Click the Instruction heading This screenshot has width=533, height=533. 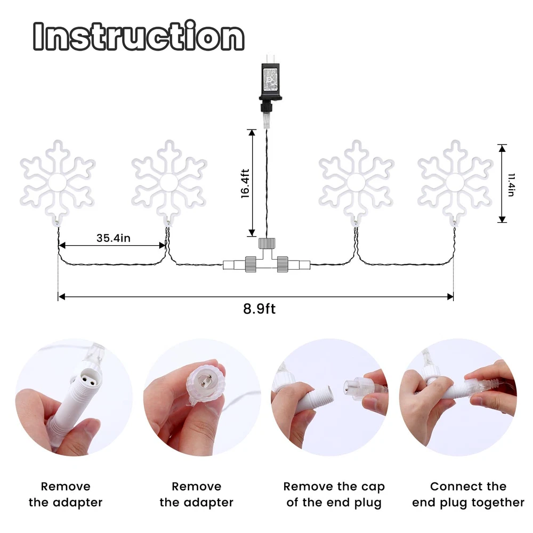[x=139, y=36]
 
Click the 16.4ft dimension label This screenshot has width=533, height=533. [x=245, y=183]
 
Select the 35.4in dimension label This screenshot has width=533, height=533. [x=113, y=238]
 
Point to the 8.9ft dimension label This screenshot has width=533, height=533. [x=260, y=309]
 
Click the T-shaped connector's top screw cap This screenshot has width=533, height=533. [x=267, y=244]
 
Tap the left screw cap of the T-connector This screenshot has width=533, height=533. [x=251, y=264]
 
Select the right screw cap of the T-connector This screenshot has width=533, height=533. [x=282, y=264]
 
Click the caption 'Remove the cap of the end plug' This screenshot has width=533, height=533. [x=334, y=494]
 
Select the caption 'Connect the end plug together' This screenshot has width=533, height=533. [x=468, y=494]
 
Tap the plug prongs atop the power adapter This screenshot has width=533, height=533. [x=270, y=58]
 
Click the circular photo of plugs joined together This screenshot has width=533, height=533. [x=458, y=397]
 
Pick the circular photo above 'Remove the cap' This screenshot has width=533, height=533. [x=330, y=397]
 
